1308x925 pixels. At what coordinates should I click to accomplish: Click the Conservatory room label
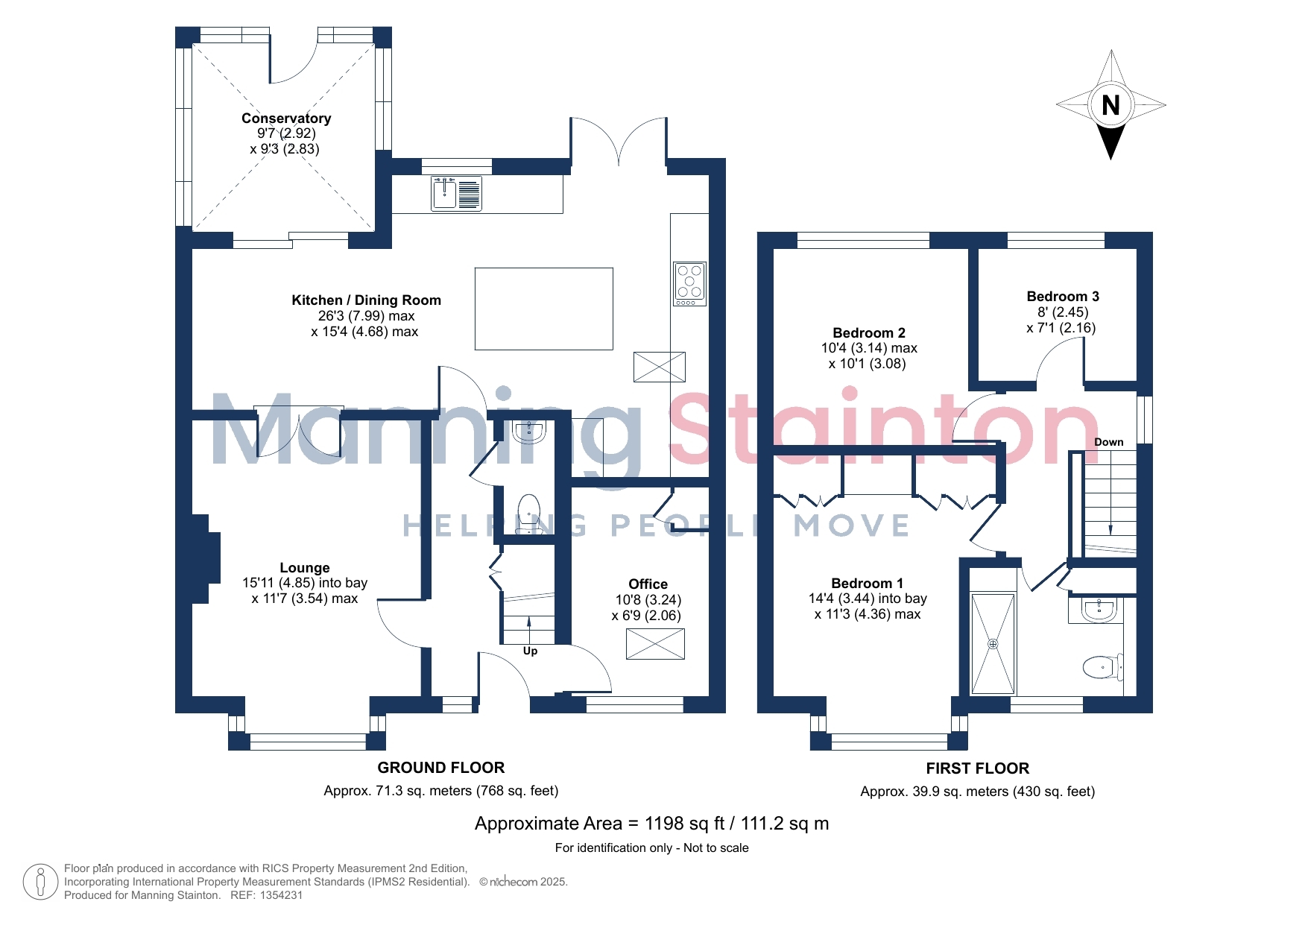tap(286, 119)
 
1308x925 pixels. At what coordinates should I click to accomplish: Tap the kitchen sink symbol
tap(456, 194)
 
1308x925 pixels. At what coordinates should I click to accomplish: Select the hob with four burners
tap(689, 284)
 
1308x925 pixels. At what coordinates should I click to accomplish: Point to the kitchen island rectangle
tap(544, 309)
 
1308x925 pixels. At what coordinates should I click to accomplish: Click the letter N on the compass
tap(1110, 105)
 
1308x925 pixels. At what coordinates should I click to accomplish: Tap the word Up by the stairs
tap(530, 651)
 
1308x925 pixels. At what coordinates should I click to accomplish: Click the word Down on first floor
tap(1109, 442)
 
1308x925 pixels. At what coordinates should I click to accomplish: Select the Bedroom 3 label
tap(1063, 297)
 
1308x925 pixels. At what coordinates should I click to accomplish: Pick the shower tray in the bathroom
tap(993, 644)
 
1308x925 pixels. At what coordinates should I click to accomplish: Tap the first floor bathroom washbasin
tap(1099, 610)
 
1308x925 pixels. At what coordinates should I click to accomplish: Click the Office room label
tap(648, 584)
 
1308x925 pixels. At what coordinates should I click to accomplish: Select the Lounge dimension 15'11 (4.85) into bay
tap(305, 583)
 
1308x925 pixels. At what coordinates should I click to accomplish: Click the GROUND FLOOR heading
tap(441, 768)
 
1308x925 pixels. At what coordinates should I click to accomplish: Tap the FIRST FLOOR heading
tap(978, 768)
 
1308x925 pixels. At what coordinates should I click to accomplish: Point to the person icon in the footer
tap(40, 882)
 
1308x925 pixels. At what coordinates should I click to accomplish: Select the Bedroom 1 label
tap(868, 584)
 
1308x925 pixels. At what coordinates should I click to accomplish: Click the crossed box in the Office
tap(655, 644)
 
